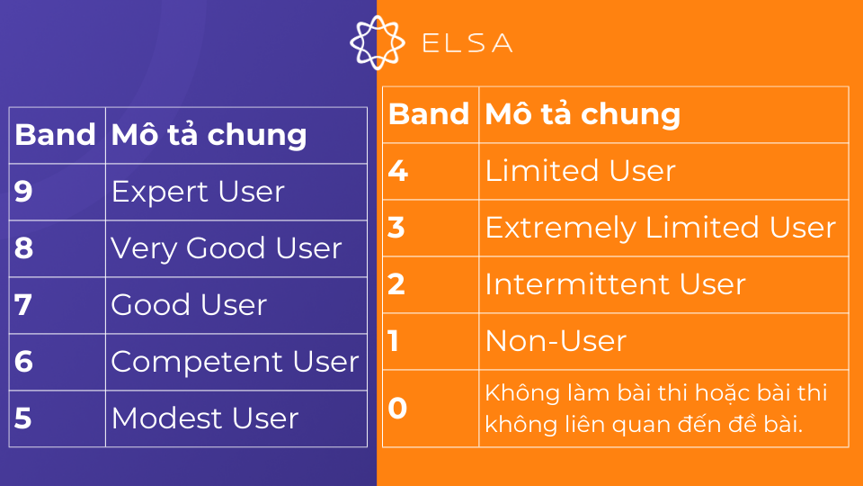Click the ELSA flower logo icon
(x=377, y=42)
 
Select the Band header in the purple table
(x=56, y=135)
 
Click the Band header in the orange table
(x=429, y=114)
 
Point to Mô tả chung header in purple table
(x=209, y=135)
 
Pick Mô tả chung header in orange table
(x=583, y=114)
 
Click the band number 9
(x=24, y=192)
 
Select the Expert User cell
(x=198, y=192)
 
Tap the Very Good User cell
(x=226, y=248)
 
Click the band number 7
(x=24, y=305)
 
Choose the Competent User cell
(x=235, y=362)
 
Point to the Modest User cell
(x=204, y=418)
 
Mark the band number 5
(x=24, y=418)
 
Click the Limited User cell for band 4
(x=580, y=171)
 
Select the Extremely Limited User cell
(x=661, y=228)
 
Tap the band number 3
(x=396, y=228)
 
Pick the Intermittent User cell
(x=616, y=284)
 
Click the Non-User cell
(x=556, y=341)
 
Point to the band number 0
(x=397, y=409)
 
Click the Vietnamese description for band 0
(x=655, y=409)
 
